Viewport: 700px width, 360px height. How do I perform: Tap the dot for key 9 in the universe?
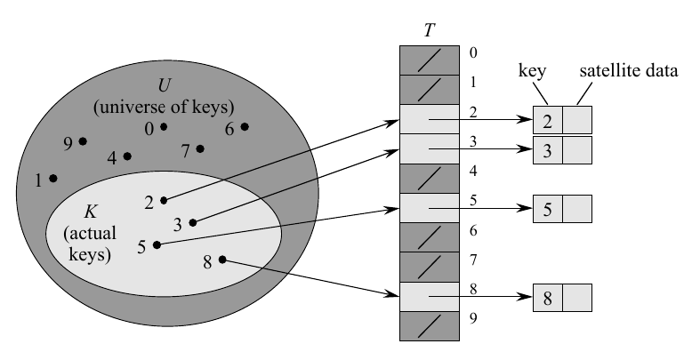tap(83, 141)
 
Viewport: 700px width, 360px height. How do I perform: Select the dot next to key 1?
tap(53, 179)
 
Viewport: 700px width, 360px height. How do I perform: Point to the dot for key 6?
tap(245, 126)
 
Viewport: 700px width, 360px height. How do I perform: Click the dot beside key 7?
tap(200, 148)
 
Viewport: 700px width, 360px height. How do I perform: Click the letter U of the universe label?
tap(164, 88)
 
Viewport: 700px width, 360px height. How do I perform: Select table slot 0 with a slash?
tap(429, 60)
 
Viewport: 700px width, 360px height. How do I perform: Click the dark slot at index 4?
tap(429, 178)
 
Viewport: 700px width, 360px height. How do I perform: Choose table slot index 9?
tap(429, 325)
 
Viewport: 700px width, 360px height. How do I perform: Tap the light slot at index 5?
tap(429, 208)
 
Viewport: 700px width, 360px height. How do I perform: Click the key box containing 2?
tap(547, 120)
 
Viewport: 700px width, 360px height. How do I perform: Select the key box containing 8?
tap(547, 297)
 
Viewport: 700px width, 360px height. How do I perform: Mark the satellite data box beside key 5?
tap(576, 209)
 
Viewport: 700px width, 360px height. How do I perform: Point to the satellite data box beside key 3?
tap(576, 149)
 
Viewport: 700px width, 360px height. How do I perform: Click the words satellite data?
tap(629, 71)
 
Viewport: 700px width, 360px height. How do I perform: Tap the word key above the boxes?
tap(533, 71)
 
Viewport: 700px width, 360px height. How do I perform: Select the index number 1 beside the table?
tap(472, 82)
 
